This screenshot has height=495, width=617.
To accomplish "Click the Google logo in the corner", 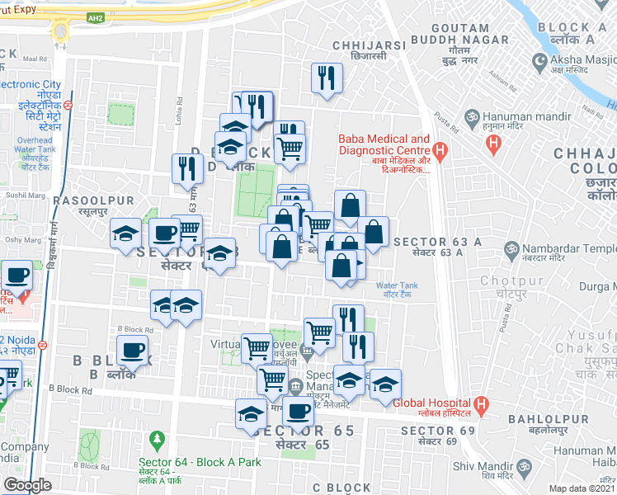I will click(27, 485).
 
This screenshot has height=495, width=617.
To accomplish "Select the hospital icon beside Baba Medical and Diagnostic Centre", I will click(440, 150).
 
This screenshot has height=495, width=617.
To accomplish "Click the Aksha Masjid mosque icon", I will click(540, 61).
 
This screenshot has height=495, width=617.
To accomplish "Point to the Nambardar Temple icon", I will click(511, 248).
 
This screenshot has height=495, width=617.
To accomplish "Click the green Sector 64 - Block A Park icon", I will click(154, 438).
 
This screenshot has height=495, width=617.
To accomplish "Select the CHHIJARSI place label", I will click(368, 45).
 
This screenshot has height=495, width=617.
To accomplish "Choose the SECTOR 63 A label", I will click(437, 242).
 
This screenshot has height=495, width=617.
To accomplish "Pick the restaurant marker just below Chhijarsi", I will click(327, 78).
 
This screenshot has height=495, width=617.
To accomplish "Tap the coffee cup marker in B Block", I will click(131, 351).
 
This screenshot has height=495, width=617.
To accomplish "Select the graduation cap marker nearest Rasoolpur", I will click(126, 233).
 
